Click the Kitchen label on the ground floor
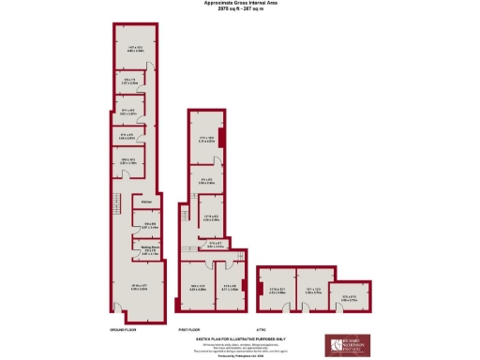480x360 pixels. tap(146, 202)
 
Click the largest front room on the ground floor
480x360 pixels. tap(137, 287)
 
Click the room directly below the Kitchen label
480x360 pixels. tap(148, 225)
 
